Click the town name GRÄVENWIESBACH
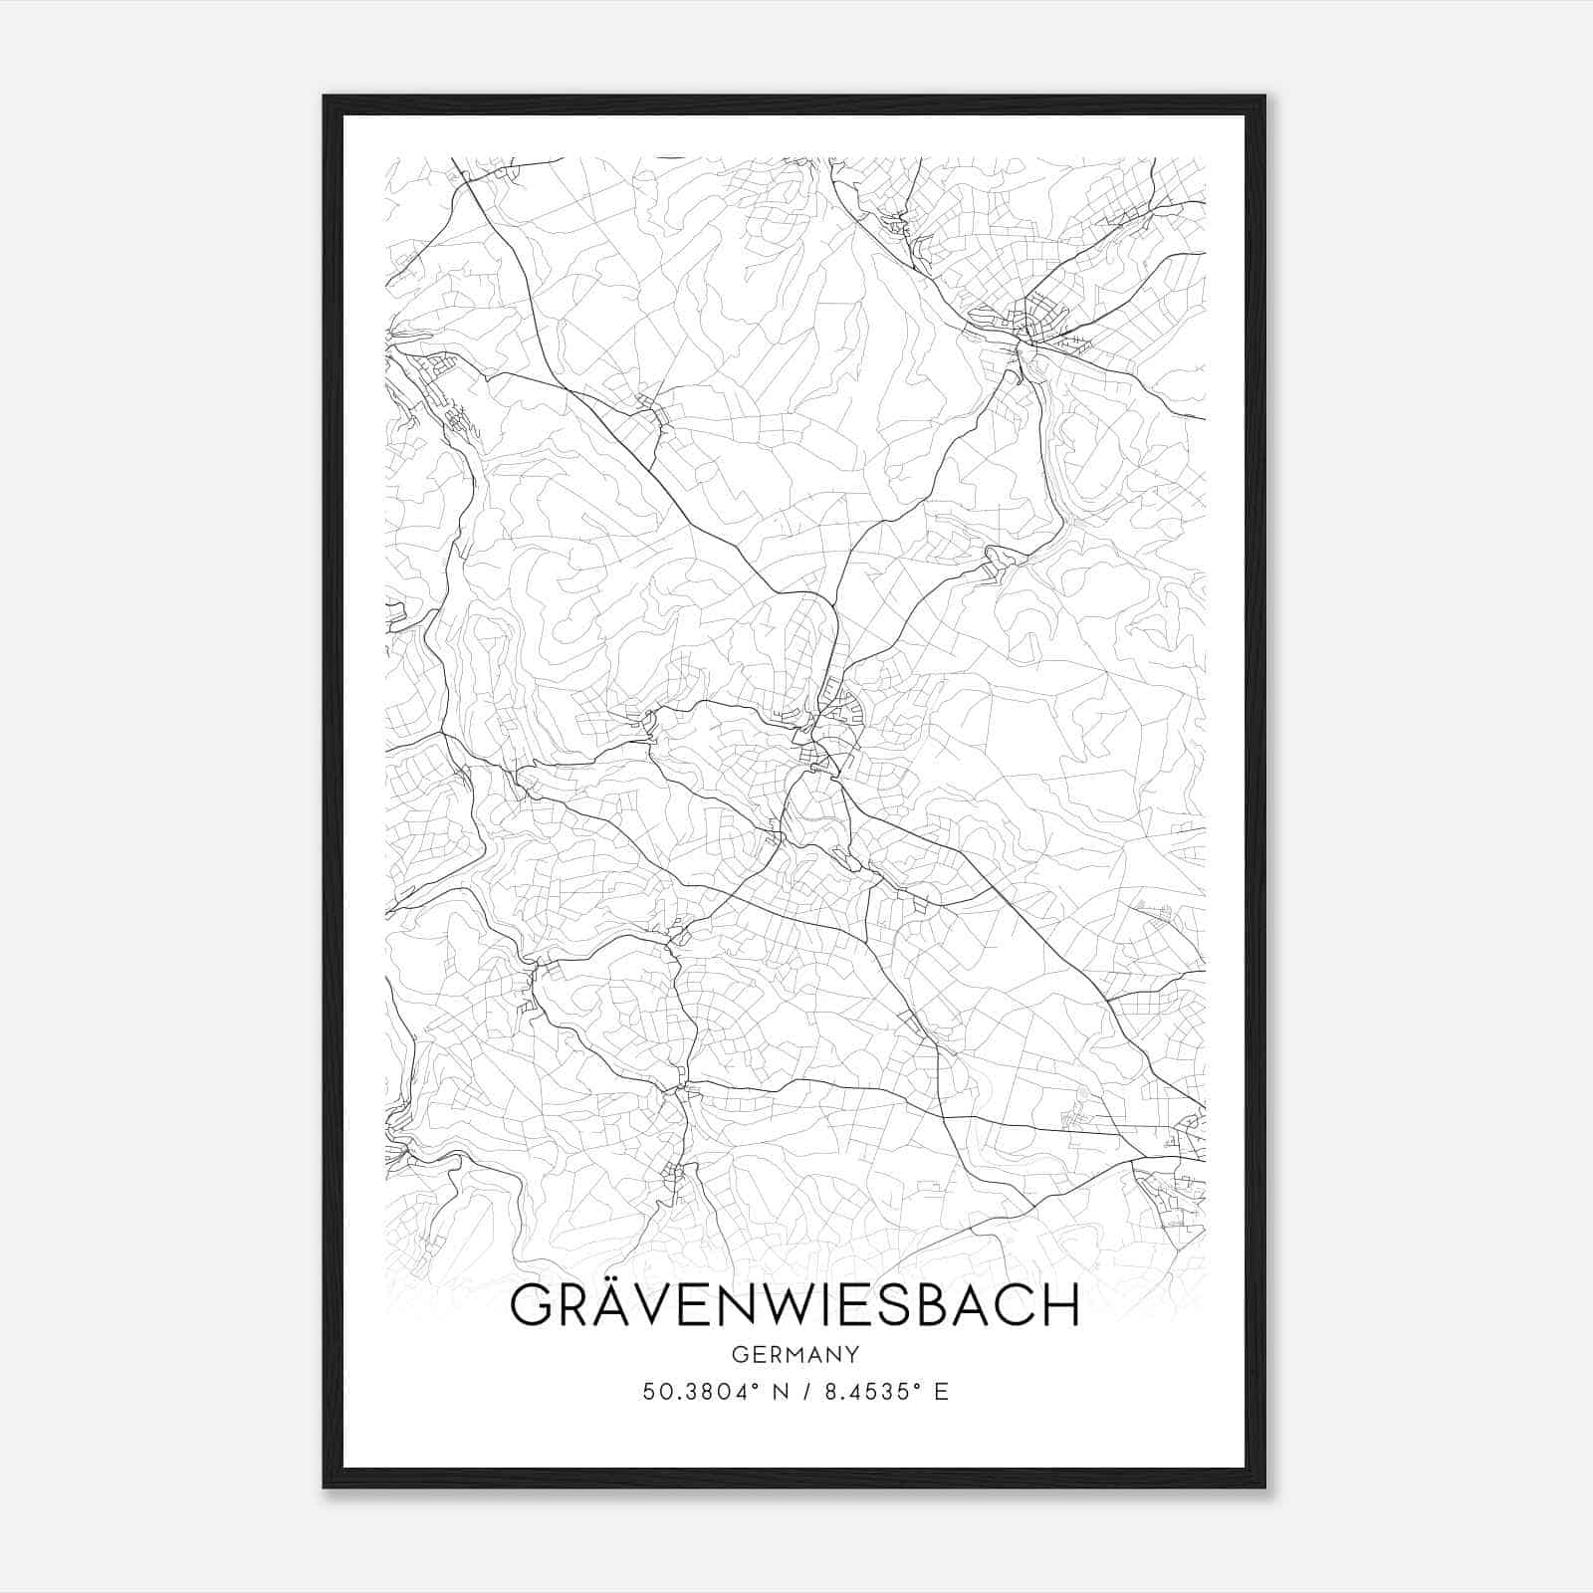795,1306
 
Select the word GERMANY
795,1355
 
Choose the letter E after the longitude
941,1392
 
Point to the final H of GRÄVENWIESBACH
1062,1306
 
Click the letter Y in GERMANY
851,1355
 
